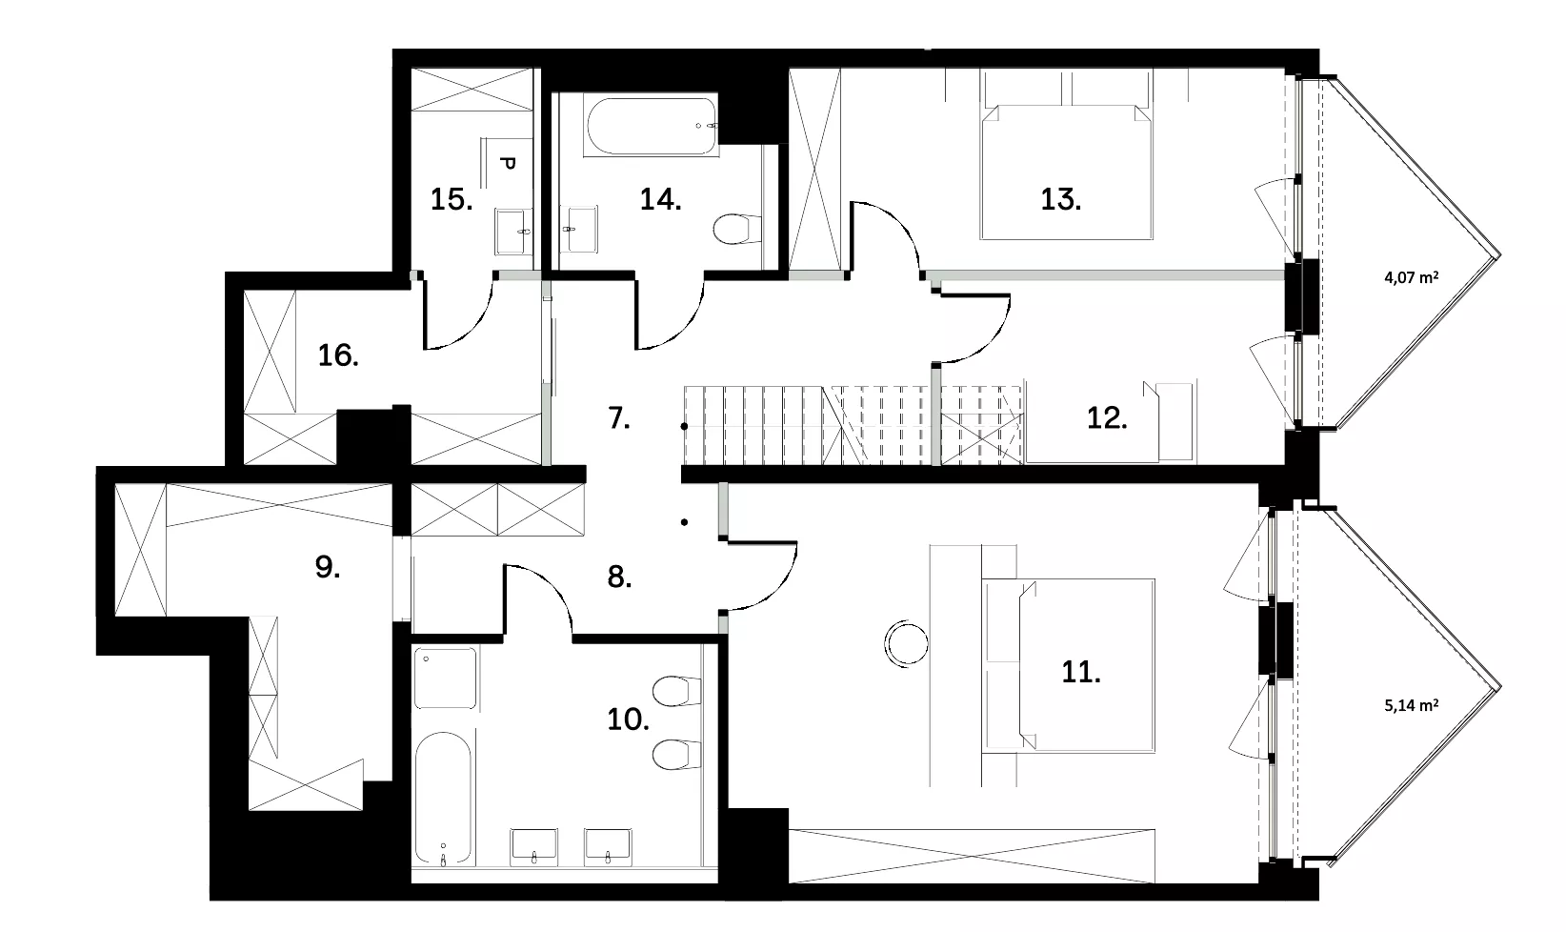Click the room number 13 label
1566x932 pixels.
click(1060, 200)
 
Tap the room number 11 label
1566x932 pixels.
click(1081, 673)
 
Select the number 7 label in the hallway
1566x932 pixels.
click(619, 418)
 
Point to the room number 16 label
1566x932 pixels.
click(338, 355)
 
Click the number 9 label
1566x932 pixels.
click(328, 567)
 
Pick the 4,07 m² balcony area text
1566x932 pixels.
click(1412, 277)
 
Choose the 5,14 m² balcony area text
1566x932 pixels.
click(1412, 705)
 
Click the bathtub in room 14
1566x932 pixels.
click(652, 126)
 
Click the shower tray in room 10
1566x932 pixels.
click(446, 679)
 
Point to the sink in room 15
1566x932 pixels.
click(513, 231)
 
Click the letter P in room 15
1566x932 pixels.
click(508, 164)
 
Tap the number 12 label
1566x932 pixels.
click(1107, 418)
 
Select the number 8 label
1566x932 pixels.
click(619, 577)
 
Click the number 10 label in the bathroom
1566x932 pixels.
click(628, 719)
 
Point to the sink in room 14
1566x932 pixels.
click(580, 229)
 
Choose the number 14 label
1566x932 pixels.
click(661, 200)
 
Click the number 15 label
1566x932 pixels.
click(451, 200)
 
